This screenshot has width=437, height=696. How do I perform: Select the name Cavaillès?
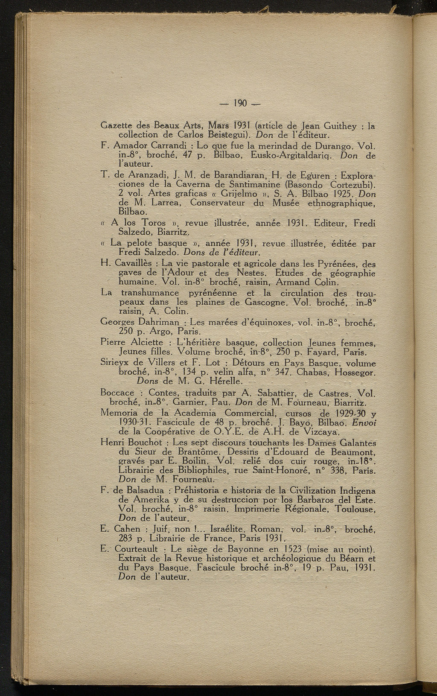click(132, 263)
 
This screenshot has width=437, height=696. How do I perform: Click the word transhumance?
click(150, 293)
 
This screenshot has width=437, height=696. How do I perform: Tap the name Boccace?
click(117, 393)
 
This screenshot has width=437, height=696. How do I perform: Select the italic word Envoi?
click(364, 422)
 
